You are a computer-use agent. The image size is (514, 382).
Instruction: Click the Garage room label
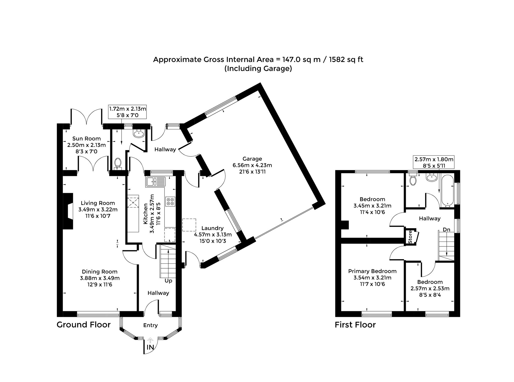coord(252,159)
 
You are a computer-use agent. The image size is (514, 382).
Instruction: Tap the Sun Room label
coord(86,139)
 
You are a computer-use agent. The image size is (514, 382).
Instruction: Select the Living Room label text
coord(98,203)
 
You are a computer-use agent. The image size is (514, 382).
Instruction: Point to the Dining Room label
coord(100,272)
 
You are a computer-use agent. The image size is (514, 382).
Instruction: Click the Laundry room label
coord(213,228)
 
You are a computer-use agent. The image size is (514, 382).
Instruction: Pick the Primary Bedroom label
coord(372,271)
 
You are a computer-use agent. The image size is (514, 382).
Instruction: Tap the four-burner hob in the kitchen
coord(170,201)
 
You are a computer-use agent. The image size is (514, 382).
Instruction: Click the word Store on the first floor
coord(410,237)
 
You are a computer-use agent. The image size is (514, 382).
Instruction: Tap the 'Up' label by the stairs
coord(168,281)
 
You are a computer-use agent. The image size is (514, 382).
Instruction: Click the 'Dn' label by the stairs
coord(446,229)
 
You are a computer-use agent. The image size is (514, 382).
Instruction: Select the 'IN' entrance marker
coord(150,347)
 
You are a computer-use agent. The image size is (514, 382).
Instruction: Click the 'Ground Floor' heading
coord(84,325)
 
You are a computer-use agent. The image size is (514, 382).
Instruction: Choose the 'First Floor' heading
coord(355,325)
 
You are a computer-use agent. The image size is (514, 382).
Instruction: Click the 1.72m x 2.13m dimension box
coord(127,112)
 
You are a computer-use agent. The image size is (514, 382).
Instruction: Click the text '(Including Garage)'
coord(258,69)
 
